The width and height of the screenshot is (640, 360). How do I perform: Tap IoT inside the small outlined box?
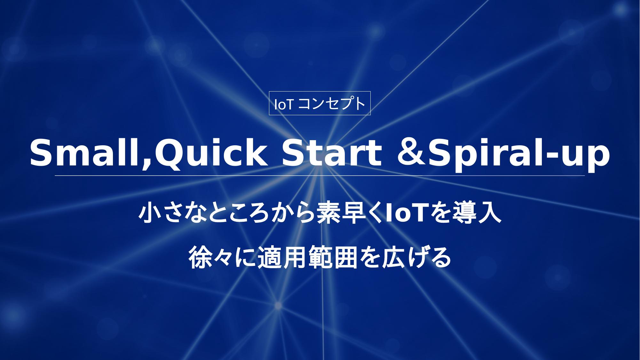284,104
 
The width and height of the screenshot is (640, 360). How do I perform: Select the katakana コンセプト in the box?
332,104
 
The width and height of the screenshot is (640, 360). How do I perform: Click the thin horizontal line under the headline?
320,176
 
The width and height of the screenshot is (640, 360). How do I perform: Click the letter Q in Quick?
169,154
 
